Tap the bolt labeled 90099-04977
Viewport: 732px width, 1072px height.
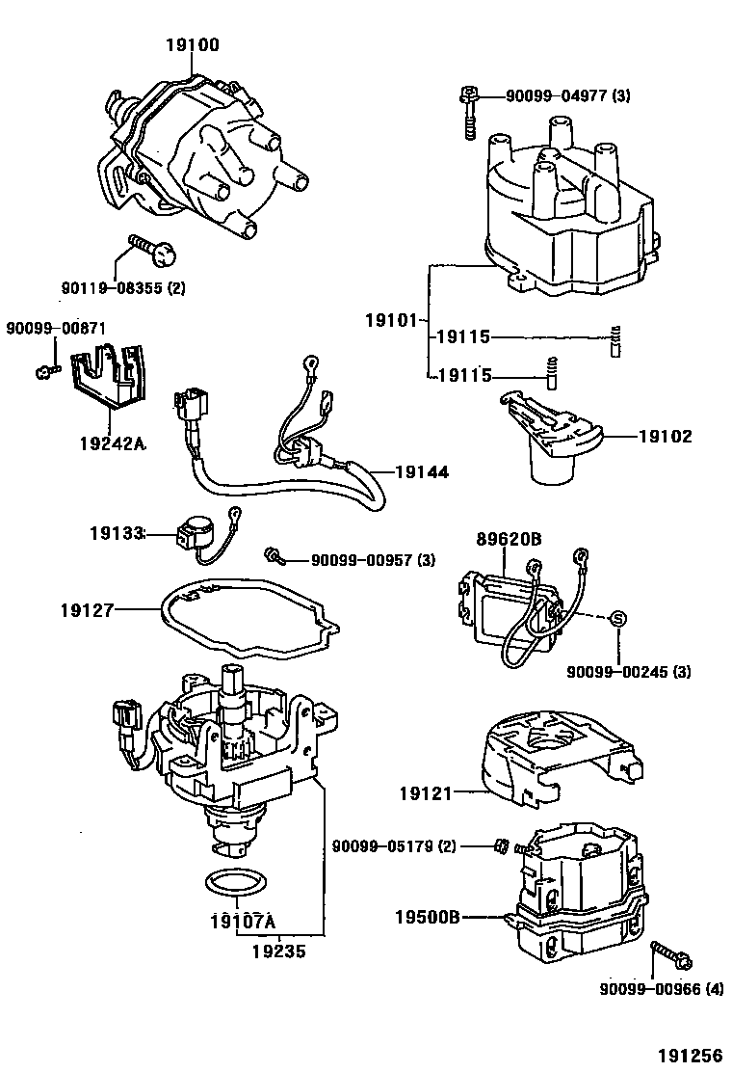(x=468, y=114)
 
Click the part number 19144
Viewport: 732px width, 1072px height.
(x=421, y=472)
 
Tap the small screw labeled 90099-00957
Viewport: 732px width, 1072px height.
(x=274, y=556)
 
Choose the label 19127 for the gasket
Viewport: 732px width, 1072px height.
(x=87, y=609)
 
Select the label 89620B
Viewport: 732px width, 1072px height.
(x=505, y=540)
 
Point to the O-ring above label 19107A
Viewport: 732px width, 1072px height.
(x=235, y=883)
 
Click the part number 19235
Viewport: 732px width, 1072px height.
(x=279, y=951)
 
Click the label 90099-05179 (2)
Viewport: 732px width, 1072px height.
(x=394, y=846)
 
